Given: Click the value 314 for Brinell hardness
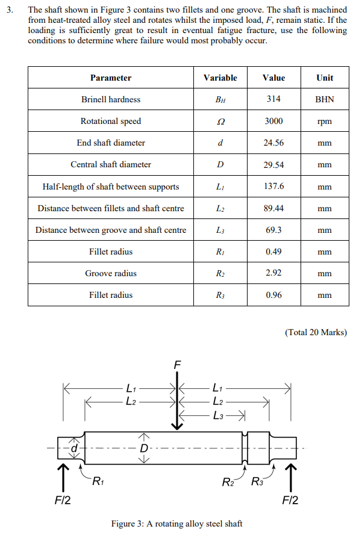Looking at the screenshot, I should (274, 99).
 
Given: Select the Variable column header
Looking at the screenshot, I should (220, 78).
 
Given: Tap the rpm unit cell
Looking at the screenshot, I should (324, 121).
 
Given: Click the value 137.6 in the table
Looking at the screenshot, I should (274, 187).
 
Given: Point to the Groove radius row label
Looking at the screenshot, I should (111, 273).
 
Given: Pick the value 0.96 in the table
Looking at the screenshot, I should (274, 295).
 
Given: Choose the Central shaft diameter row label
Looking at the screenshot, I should (111, 164).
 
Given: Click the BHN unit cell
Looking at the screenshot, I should (324, 99).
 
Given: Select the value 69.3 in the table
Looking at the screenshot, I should (274, 230).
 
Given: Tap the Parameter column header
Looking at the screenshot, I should (111, 78).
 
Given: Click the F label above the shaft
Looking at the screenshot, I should (177, 365).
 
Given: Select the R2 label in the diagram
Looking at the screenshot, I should (229, 481).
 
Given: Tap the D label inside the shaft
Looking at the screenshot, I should (144, 448).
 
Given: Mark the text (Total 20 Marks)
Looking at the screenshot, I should (315, 332).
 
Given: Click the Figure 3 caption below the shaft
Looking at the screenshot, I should (177, 524).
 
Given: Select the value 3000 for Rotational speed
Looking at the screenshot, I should (274, 121).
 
